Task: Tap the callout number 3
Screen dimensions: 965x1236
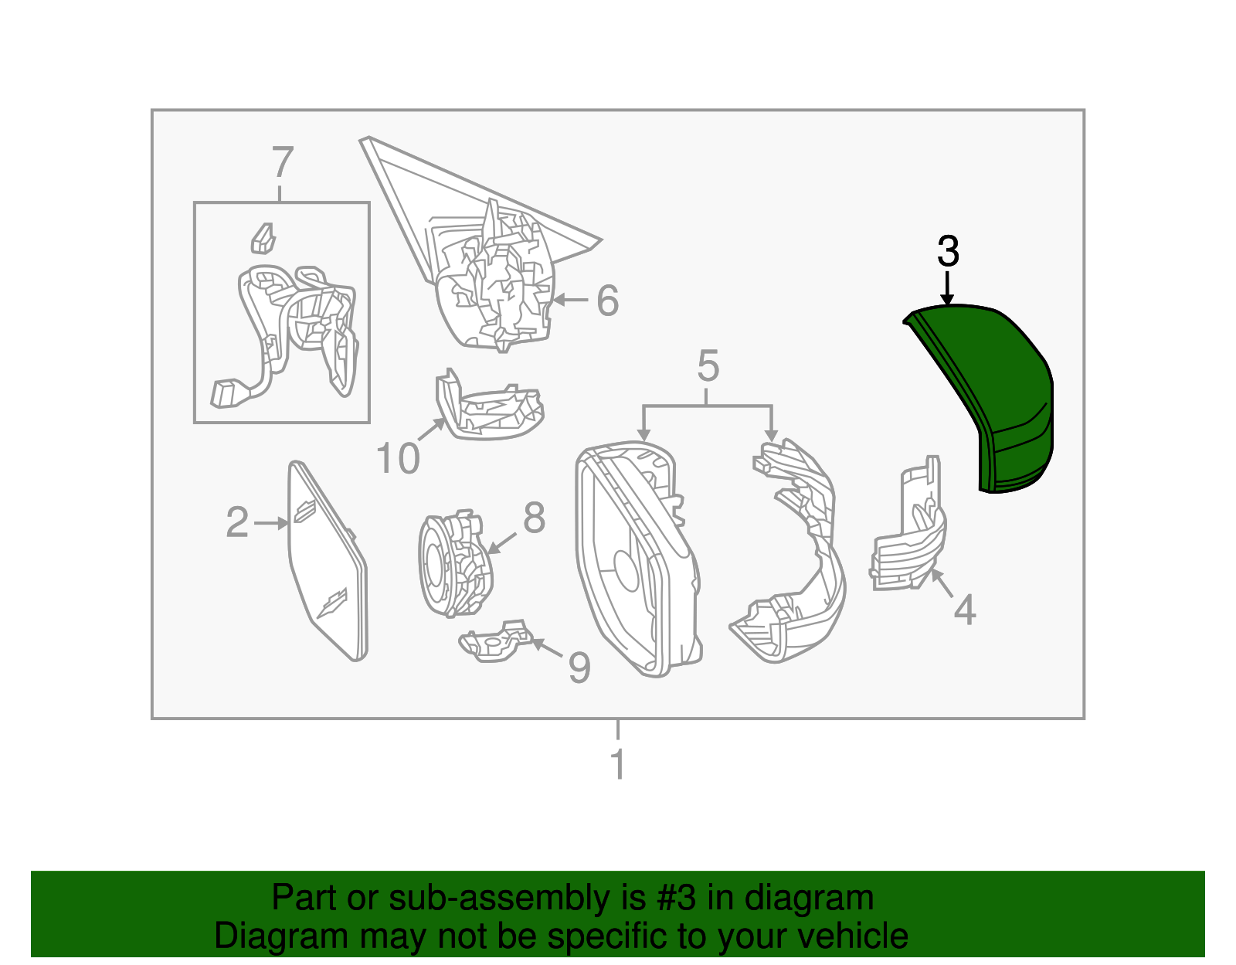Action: (948, 252)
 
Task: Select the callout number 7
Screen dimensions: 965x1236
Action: (283, 163)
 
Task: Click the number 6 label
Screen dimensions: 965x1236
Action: (608, 301)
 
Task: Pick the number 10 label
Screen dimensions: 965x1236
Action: (398, 459)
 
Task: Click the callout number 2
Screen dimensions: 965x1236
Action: (237, 523)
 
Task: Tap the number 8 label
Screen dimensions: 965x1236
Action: (534, 518)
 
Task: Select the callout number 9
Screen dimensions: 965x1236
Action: (579, 667)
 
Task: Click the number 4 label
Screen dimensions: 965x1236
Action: (965, 610)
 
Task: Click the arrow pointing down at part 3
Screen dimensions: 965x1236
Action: (948, 290)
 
